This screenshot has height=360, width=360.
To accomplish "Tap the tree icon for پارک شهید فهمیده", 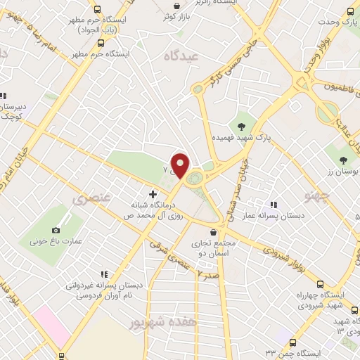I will pyautogui.click(x=242, y=127).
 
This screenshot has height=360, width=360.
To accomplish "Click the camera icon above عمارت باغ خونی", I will pyautogui.click(x=56, y=230).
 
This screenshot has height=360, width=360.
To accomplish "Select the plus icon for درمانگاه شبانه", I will pyautogui.click(x=153, y=193).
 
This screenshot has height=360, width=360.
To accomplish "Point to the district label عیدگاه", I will pyautogui.click(x=181, y=56).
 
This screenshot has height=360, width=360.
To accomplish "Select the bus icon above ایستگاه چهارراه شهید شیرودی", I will pyautogui.click(x=321, y=285).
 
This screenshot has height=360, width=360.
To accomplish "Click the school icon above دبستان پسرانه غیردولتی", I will pyautogui.click(x=104, y=275).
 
